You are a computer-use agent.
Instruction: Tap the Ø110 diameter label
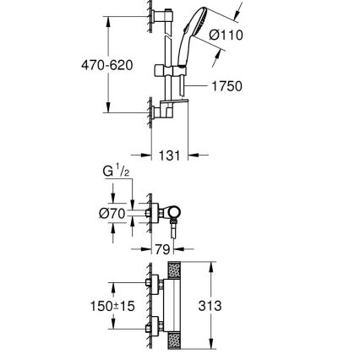click(x=226, y=35)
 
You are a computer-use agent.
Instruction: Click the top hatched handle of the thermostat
click(x=175, y=274)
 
